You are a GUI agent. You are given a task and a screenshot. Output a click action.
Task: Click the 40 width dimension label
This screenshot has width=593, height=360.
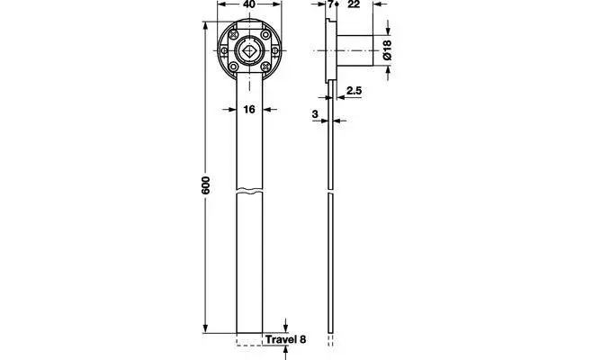point(249,4)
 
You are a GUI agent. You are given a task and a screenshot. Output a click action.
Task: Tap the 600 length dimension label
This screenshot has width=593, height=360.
point(205,184)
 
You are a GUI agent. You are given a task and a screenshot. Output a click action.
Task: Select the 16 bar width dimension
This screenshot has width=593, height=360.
point(249,109)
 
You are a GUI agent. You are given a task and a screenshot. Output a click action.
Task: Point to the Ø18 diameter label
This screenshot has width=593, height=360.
point(387,49)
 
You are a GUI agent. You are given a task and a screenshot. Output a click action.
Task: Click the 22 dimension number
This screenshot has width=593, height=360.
point(353,4)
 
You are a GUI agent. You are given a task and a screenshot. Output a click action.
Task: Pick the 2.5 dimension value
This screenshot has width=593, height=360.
point(354,91)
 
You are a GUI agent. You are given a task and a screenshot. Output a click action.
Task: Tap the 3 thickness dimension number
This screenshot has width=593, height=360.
point(315,113)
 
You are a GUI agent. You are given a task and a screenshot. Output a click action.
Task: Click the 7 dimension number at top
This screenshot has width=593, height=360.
point(330,4)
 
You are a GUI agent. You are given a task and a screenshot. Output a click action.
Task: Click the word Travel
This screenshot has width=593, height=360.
point(281,339)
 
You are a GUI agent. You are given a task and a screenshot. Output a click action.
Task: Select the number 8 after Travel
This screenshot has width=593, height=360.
point(302,339)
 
